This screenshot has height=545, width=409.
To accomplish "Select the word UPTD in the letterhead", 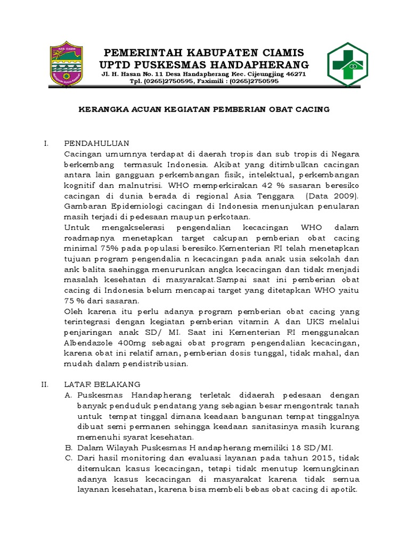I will tap(115, 64).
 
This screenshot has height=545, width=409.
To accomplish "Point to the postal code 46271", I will tap(296, 74).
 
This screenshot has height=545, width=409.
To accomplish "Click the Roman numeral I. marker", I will tap(46, 143).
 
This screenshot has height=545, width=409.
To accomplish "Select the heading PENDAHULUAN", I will tap(96, 143).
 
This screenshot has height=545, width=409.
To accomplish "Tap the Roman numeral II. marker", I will tap(45, 384).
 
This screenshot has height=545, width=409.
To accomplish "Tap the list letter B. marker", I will tap(68, 447).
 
